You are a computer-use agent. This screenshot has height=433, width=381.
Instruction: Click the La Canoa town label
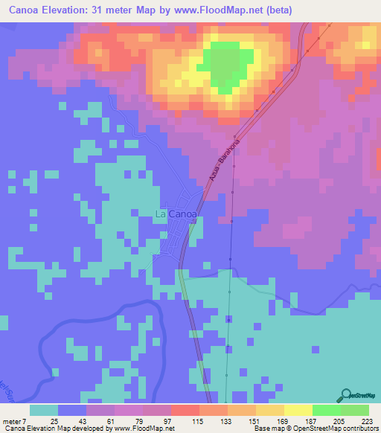click(x=176, y=214)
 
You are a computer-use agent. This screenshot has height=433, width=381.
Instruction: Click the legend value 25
click(x=54, y=422)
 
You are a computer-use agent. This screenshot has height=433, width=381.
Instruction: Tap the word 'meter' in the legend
click(x=13, y=422)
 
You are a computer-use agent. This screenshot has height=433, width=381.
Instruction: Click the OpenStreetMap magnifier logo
click(x=347, y=394)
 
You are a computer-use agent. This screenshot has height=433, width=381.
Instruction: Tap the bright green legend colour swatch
click(x=326, y=410)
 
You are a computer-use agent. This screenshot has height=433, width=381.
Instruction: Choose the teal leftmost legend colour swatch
click(x=44, y=410)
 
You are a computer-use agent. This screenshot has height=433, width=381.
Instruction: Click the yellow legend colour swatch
click(x=298, y=410)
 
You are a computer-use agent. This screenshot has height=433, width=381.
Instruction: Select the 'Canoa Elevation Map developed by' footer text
click(x=53, y=429)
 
